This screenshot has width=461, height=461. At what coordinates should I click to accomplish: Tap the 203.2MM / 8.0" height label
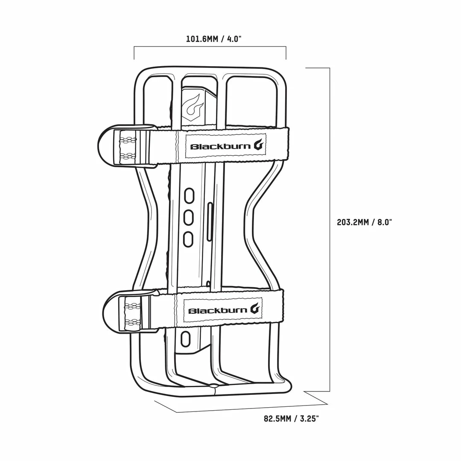(x=364, y=222)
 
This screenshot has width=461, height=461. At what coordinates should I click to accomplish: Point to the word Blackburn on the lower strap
(x=218, y=310)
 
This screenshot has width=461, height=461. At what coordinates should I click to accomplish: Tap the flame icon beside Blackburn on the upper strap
(x=259, y=145)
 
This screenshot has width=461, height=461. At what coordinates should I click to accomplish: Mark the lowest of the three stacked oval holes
(x=188, y=239)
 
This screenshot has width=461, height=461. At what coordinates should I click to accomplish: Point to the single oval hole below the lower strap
(x=185, y=339)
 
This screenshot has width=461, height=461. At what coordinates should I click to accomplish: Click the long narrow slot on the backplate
(x=209, y=222)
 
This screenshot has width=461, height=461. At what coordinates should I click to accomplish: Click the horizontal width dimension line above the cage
(x=210, y=47)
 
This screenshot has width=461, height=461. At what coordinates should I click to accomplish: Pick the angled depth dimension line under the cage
(x=252, y=408)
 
